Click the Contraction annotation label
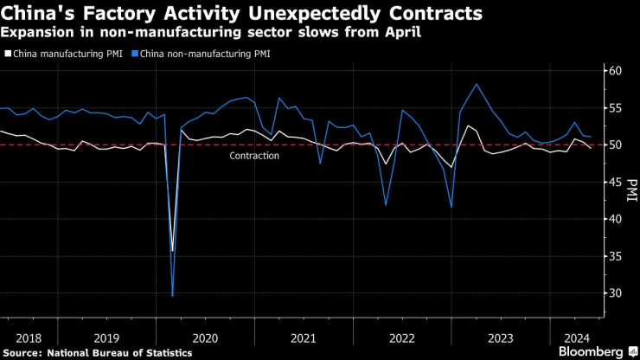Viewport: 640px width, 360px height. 254,156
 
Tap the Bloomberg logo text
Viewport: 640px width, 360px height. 591,351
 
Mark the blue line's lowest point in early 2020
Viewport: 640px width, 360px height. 172,296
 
